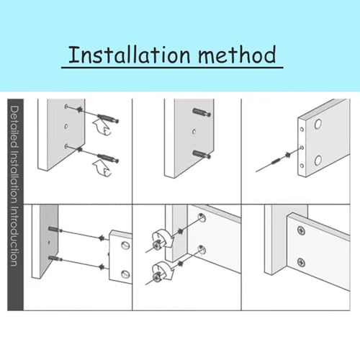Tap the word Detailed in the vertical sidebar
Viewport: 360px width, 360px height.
(x=14, y=127)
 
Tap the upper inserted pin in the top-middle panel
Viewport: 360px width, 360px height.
(x=201, y=112)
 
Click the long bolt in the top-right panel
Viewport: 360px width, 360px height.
(x=274, y=160)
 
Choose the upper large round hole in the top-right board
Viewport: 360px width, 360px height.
(x=318, y=125)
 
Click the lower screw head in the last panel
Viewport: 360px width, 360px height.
(x=301, y=265)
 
